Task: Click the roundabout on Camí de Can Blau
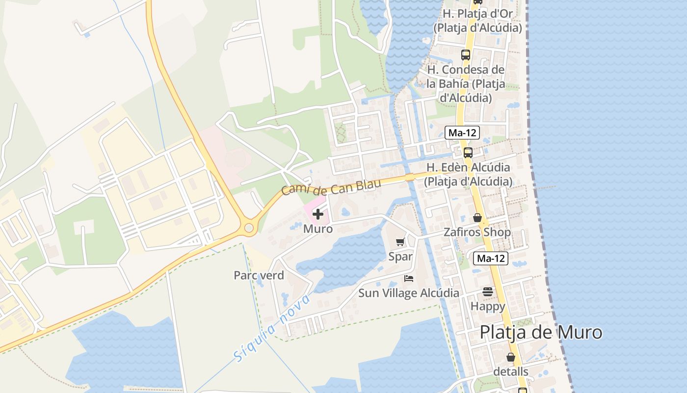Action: (249, 227)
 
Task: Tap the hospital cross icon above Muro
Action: (318, 214)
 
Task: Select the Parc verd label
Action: (259, 275)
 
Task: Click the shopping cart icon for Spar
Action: (400, 242)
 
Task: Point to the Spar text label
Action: (400, 256)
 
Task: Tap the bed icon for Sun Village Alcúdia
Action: (408, 279)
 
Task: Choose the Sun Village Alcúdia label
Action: (409, 293)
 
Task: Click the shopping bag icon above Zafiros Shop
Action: (477, 217)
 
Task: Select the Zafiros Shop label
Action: (477, 232)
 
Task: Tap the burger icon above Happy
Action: (487, 292)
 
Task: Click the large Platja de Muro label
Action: (541, 333)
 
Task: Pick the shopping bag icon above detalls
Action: (511, 357)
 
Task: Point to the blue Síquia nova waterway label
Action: (272, 329)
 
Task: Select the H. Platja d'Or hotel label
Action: (477, 20)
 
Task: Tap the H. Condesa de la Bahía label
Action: (466, 84)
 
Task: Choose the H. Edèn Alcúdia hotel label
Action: (468, 174)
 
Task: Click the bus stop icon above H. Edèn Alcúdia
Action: (468, 152)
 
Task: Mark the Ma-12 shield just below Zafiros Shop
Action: (490, 258)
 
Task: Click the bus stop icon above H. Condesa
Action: (466, 55)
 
